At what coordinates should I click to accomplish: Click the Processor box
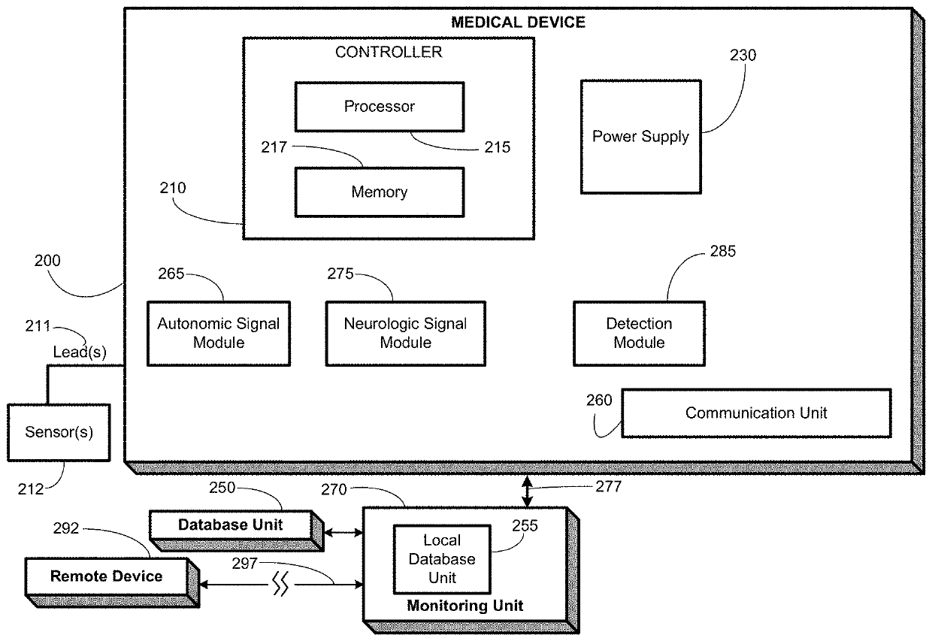(380, 107)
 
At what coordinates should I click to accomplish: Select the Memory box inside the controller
(380, 192)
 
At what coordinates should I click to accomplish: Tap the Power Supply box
(640, 137)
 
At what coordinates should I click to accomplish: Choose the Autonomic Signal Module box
(219, 334)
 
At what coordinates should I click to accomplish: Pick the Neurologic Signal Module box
(406, 334)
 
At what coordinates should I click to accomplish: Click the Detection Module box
(639, 334)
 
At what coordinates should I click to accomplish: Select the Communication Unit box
(756, 413)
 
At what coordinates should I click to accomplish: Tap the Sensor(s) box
(59, 432)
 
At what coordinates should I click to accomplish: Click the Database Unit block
(236, 531)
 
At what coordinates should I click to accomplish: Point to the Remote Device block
(112, 582)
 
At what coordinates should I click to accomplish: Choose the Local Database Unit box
(442, 559)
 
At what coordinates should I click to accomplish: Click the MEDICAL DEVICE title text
(518, 22)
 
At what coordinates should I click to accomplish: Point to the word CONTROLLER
(389, 52)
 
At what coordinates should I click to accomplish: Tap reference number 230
(743, 56)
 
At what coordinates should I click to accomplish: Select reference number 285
(723, 251)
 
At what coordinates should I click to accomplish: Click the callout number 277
(608, 486)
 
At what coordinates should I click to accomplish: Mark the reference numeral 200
(47, 261)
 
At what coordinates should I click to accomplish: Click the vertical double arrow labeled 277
(527, 491)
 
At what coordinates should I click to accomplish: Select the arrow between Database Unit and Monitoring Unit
(343, 532)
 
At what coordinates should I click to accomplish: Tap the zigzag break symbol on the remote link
(280, 584)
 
